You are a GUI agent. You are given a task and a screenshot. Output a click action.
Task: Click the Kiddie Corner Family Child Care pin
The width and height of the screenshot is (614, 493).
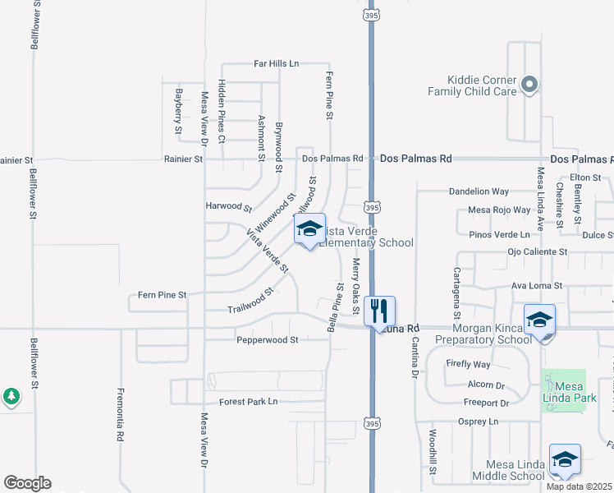pos(529,84)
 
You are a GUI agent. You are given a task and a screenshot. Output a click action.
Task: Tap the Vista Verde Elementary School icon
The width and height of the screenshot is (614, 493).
pos(309,230)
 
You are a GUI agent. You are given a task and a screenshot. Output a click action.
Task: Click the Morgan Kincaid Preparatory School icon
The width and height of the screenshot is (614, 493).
pos(538,320)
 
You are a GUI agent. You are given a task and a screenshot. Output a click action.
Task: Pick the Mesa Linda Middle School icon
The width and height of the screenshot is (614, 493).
pos(565,461)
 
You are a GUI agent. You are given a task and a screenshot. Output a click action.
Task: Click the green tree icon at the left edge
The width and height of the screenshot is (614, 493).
pos(11,397)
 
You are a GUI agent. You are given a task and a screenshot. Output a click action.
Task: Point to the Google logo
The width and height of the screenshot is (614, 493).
pos(27,483)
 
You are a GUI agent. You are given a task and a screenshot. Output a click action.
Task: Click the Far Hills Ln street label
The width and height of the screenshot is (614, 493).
pos(277,63)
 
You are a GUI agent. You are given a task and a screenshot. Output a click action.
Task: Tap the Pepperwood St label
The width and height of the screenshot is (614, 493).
pos(267,339)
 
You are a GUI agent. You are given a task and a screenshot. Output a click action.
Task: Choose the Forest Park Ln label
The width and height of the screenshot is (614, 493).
pos(249,402)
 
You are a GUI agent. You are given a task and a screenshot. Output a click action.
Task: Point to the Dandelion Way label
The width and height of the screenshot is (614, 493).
pos(479,191)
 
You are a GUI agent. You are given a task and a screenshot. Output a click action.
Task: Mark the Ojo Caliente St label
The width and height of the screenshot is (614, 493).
pos(538,251)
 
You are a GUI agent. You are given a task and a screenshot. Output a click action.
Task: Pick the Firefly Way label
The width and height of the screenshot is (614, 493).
pos(469,364)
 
